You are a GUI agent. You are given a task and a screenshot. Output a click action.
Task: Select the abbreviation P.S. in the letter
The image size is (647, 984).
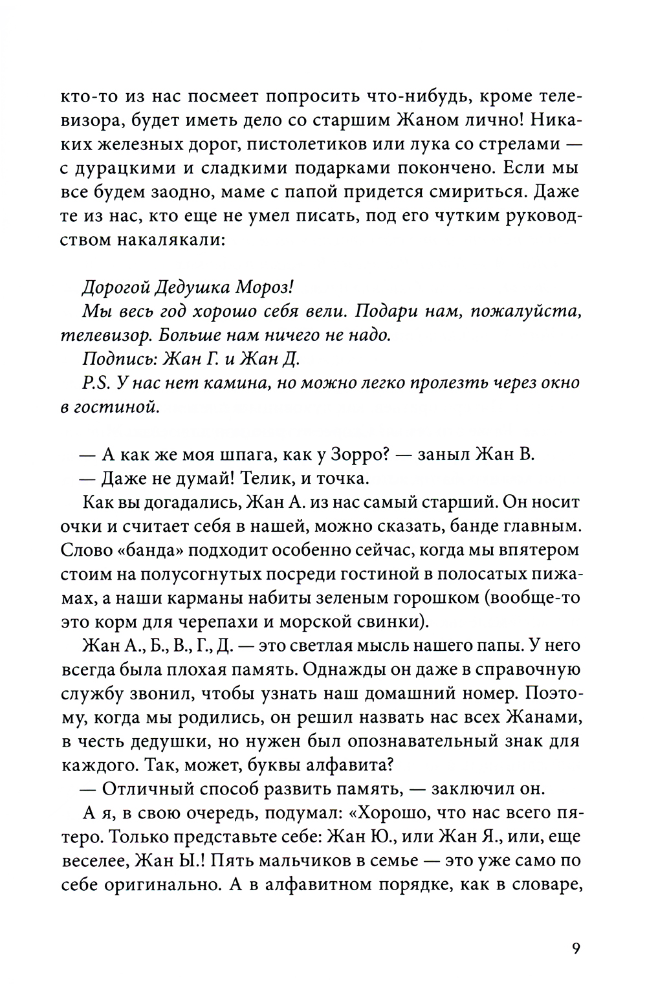click(97, 383)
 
